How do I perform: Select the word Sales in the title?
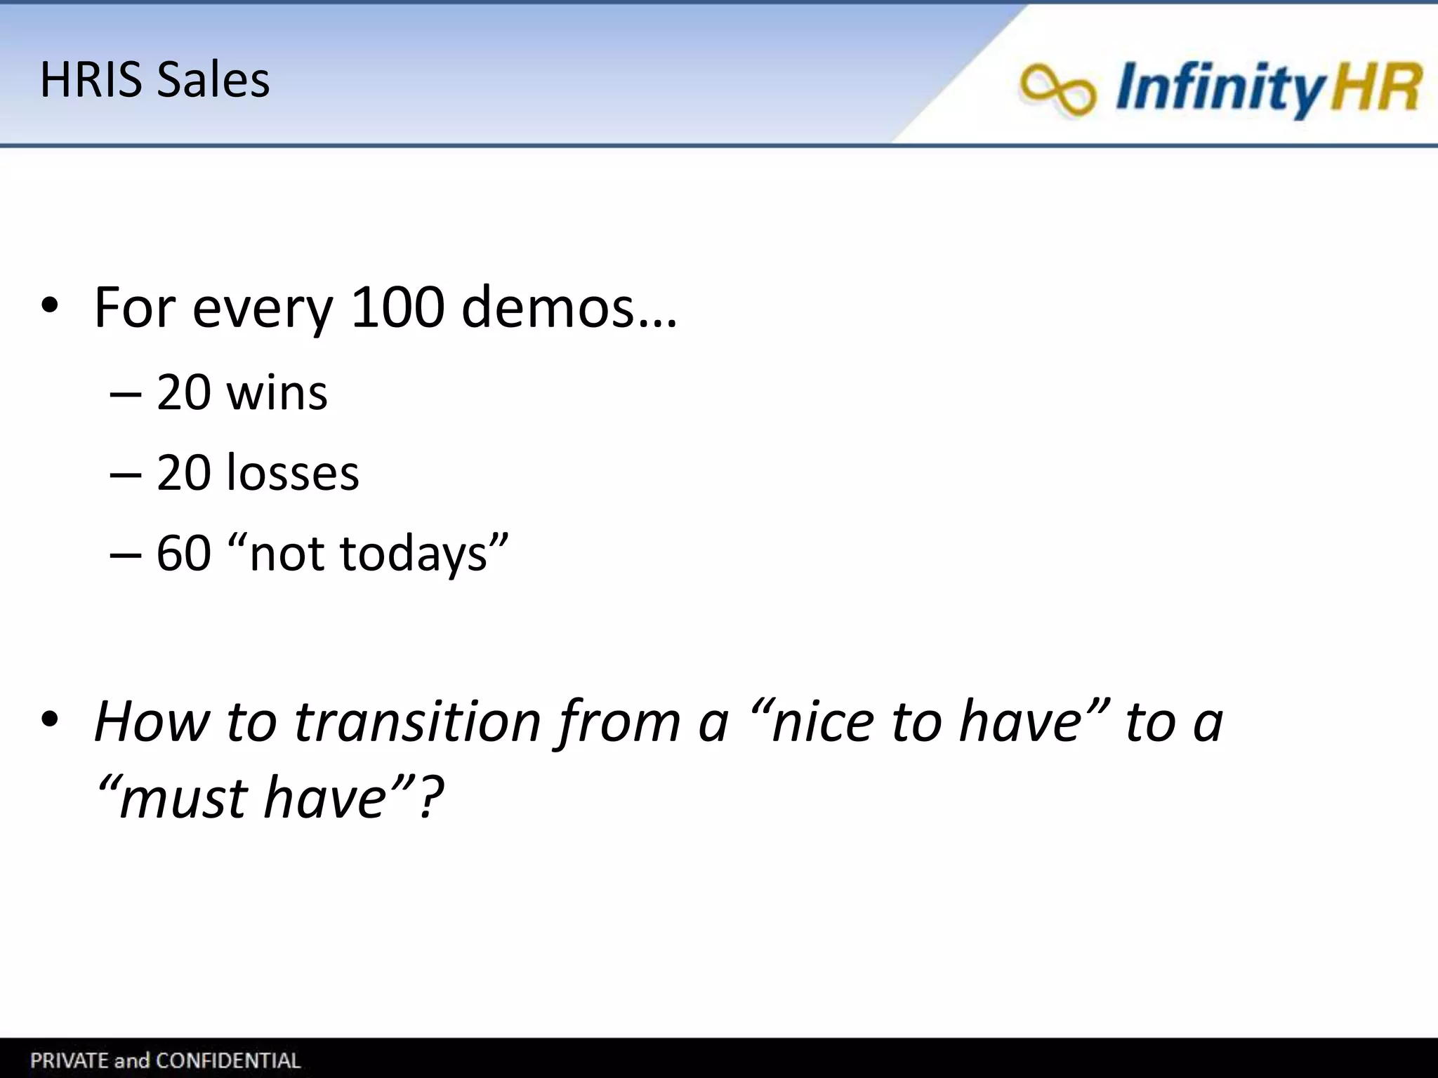coord(213,79)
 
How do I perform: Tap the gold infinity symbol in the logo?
coord(1057,89)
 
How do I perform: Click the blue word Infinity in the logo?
coord(1218,88)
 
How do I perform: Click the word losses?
coord(293,472)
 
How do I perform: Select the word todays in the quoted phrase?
coord(414,553)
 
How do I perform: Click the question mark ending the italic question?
coord(430,798)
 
